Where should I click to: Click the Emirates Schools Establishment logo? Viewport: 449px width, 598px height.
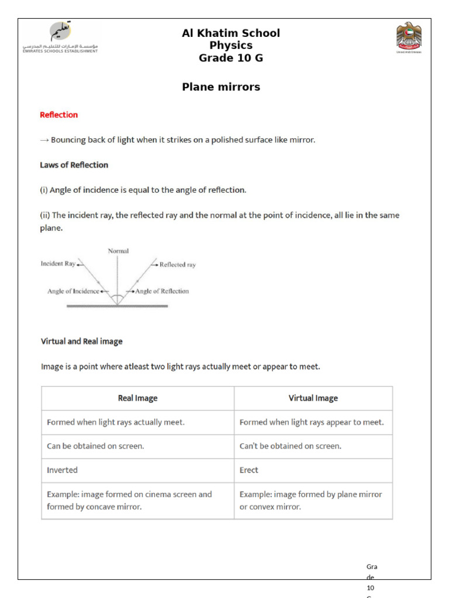pos(61,37)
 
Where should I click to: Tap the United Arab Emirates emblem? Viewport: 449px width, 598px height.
pos(408,37)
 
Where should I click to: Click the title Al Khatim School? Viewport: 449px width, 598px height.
pos(231,33)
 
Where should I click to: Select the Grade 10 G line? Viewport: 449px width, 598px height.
pos(231,58)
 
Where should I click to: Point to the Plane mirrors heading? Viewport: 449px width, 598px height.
pos(221,87)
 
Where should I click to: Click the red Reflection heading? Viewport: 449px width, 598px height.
pos(58,115)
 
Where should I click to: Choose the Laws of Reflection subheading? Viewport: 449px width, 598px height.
pos(74,165)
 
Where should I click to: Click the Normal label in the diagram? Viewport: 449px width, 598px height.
pos(118,251)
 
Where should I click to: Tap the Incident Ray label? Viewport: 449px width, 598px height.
pos(58,264)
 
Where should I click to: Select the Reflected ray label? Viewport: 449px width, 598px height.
pos(177,265)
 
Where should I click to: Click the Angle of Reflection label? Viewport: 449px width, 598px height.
pos(162,291)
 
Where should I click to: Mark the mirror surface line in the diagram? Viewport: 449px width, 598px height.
pos(118,305)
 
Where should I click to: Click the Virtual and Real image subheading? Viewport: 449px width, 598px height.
pos(81,342)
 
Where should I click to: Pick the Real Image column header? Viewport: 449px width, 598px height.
pos(137,398)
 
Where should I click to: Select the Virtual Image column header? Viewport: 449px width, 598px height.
pos(313,398)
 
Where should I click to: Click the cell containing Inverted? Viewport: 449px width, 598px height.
pos(137,470)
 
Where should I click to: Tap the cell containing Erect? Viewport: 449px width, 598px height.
pos(313,470)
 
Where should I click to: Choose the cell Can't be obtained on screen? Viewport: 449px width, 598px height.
pos(313,446)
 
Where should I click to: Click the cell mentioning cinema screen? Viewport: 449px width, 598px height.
pos(137,500)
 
